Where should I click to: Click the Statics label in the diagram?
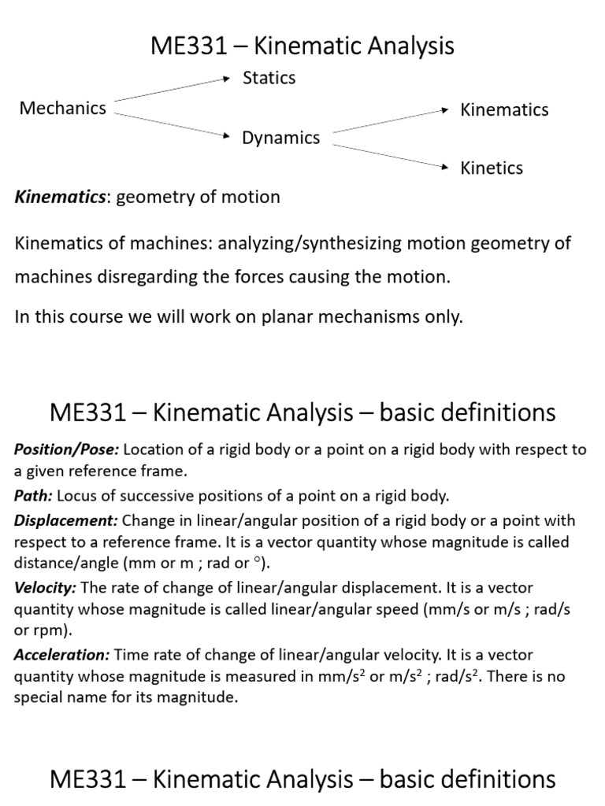(269, 78)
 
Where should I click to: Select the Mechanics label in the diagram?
(62, 109)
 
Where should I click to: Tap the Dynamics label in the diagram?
(280, 139)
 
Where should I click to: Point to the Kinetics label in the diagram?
(492, 168)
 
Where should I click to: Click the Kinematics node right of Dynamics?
(504, 109)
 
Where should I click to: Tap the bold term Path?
(32, 496)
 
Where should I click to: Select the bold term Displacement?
(66, 521)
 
